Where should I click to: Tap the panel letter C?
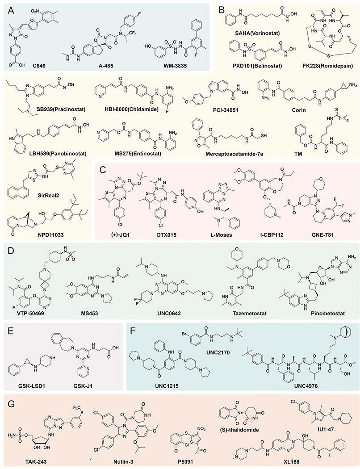click(101, 168)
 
